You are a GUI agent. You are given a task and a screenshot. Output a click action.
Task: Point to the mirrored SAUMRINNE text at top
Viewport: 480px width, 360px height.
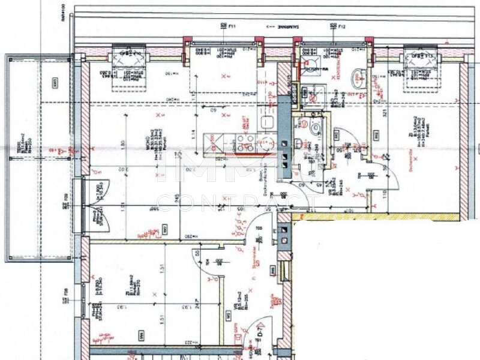(x=282, y=27)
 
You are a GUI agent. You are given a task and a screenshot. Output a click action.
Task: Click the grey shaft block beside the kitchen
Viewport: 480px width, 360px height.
(x=284, y=138)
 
